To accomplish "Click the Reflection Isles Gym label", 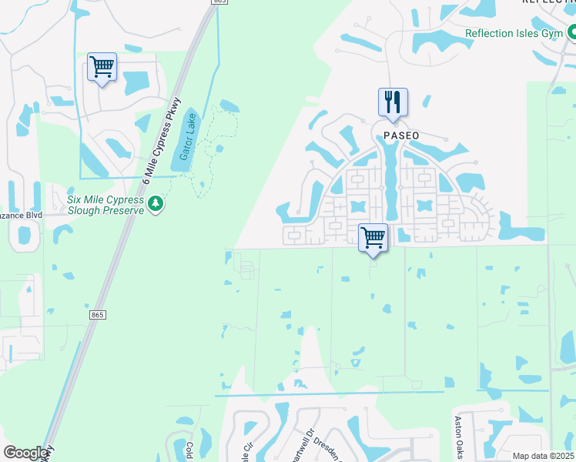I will [514, 34].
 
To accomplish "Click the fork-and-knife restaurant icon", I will [393, 102].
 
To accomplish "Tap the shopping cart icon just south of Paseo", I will [373, 236].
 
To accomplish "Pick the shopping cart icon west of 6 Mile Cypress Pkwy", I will [102, 67].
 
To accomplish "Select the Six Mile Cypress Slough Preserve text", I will [106, 203].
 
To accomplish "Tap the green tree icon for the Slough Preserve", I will [156, 204].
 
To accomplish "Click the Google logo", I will [26, 453].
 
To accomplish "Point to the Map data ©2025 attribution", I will [543, 456].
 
